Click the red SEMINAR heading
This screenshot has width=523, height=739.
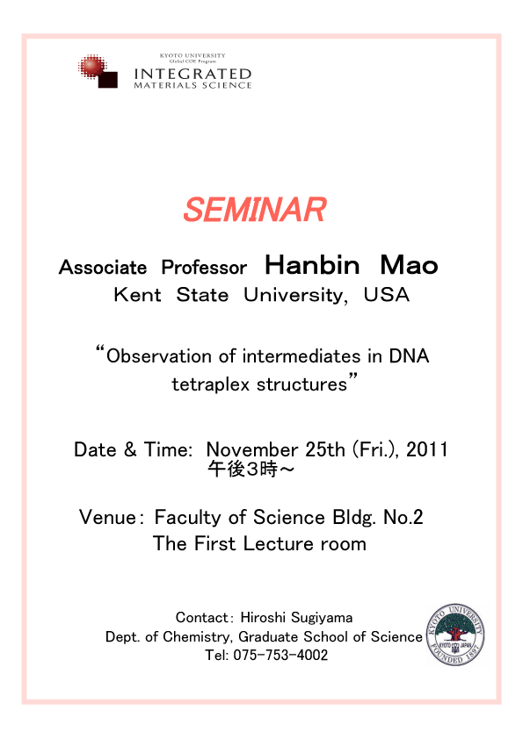(255, 210)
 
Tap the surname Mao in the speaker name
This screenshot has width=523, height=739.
(410, 265)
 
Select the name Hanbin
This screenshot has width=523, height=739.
(312, 265)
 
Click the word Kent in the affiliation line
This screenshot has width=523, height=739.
(137, 295)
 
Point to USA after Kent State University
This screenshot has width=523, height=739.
(386, 295)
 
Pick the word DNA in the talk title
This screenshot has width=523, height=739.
(409, 356)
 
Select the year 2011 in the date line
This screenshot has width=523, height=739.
(426, 449)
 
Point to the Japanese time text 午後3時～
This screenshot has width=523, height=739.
(251, 470)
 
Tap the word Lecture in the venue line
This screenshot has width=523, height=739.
(279, 543)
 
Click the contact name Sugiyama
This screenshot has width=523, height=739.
(322, 618)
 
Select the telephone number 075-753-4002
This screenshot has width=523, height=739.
(280, 655)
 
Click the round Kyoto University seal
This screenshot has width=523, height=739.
(455, 635)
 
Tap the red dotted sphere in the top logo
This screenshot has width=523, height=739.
(91, 67)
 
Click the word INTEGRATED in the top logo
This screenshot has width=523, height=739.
(192, 74)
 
